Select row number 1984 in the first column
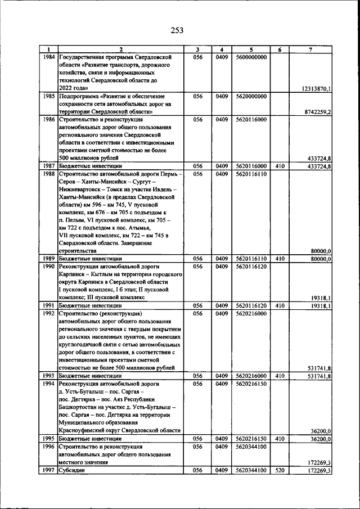pos(48,57)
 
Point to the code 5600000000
pos(251,57)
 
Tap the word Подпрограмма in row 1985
pos(79,97)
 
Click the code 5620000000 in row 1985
pos(251,97)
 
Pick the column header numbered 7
pos(311,49)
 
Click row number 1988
pos(48,175)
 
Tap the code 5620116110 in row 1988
pos(251,175)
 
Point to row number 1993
pos(48,375)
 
